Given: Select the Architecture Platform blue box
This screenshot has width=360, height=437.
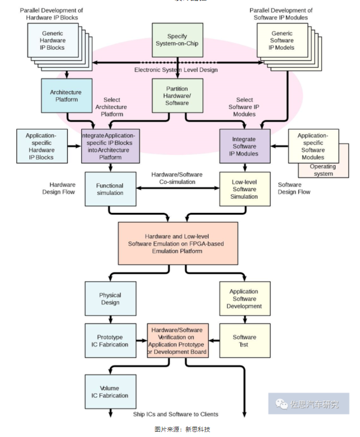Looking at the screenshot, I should point(66,96).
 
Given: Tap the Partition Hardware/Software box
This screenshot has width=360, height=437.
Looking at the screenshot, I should point(177,96).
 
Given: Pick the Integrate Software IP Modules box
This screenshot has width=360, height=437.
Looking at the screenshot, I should point(245,146).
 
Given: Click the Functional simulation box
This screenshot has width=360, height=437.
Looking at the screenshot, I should point(110,189).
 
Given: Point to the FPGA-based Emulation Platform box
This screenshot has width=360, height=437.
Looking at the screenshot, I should point(178,243).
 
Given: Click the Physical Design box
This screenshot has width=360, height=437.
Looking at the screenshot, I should point(110,299).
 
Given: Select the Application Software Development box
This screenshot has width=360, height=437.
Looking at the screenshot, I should point(245,299).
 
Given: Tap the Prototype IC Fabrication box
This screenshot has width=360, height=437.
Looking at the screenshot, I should point(110,340).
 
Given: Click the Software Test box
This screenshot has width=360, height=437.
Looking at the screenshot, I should point(245,340).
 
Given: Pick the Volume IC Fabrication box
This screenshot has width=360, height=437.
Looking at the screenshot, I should point(110,392).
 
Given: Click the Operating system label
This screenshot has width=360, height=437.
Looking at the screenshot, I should point(323,170).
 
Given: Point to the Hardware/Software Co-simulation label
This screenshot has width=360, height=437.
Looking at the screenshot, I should point(177,178).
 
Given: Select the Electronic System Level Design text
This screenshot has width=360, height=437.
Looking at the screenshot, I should point(176,70).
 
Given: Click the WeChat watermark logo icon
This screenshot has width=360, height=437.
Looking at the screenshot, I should point(282,404).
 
